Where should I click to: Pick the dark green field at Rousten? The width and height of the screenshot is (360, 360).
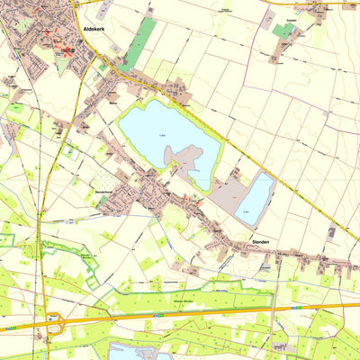283,31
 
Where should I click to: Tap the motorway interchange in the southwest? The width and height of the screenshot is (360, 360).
56,321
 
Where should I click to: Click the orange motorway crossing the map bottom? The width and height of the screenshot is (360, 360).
225,311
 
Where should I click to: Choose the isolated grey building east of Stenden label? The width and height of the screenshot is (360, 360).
331,231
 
